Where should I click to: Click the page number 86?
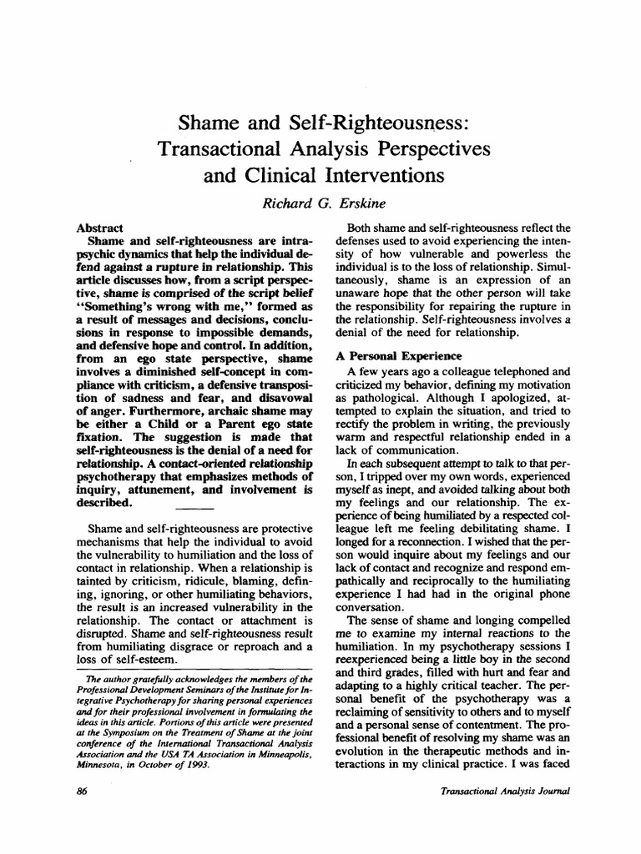tap(83, 792)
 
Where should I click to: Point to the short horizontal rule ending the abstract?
tap(195, 508)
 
